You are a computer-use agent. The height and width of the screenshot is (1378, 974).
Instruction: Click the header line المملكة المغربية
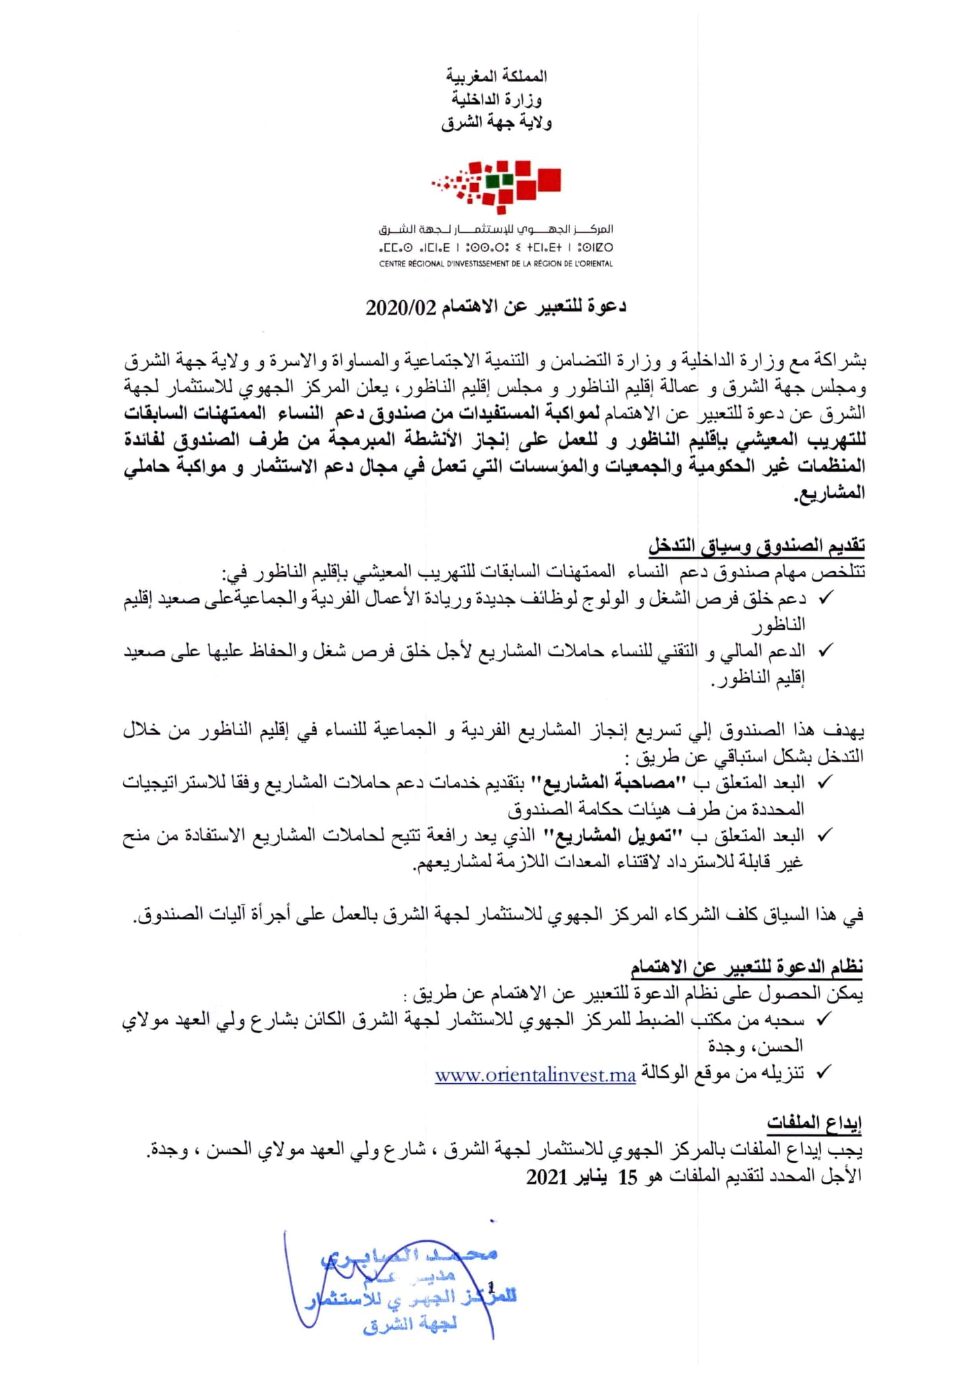tap(496, 77)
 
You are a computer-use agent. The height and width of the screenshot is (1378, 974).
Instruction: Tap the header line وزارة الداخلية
tap(496, 100)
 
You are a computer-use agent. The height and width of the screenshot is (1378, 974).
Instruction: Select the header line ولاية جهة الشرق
tap(496, 123)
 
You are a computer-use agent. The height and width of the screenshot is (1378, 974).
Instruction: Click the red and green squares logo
tap(497, 182)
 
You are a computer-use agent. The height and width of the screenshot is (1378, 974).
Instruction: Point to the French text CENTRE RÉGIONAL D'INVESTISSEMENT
tap(496, 264)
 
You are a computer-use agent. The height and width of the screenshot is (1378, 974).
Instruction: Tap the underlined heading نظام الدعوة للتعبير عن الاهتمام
tap(746, 968)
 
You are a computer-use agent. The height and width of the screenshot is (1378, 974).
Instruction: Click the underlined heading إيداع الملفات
tap(814, 1122)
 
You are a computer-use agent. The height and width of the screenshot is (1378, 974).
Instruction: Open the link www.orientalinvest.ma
tap(535, 1075)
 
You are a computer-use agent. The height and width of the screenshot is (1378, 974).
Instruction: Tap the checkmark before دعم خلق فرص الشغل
tap(824, 598)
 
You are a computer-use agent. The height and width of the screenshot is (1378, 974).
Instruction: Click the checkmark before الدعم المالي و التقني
tap(824, 650)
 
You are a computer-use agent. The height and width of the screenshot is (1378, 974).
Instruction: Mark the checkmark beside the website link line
tap(824, 1072)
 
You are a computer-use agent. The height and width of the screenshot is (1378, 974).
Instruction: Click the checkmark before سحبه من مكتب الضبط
tap(824, 1020)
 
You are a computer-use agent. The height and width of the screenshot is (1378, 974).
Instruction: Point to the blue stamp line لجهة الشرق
tap(410, 1324)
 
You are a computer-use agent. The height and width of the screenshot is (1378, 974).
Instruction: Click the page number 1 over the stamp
tap(491, 1287)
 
